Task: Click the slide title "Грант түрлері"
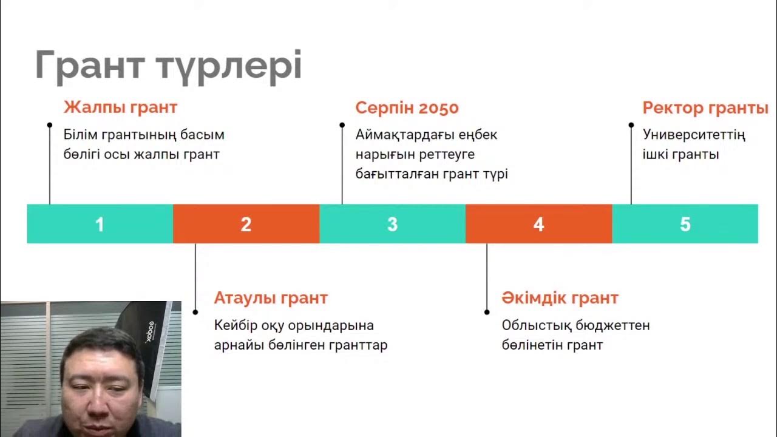[168, 65]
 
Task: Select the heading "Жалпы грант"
[120, 108]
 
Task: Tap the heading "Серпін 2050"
[407, 108]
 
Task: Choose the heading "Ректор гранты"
[705, 108]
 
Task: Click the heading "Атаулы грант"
[271, 298]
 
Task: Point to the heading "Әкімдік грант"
[560, 298]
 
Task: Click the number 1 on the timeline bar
[100, 225]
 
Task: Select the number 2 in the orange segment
[246, 225]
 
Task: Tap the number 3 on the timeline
[392, 225]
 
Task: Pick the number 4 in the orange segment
[538, 225]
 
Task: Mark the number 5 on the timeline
[685, 225]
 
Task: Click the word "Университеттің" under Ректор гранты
[694, 135]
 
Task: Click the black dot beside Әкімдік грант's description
[487, 312]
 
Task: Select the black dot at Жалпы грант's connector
[50, 125]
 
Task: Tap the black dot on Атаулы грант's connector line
[195, 312]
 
